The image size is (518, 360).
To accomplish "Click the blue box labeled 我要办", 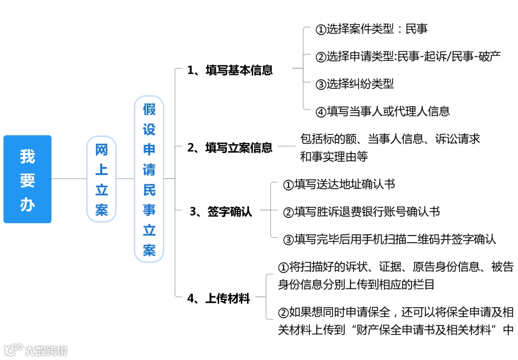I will pos(27,179).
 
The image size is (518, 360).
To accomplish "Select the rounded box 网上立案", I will pos(101,179).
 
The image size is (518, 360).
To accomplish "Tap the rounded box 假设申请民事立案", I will pos(149,179).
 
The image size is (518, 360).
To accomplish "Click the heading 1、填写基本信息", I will pos(230,70).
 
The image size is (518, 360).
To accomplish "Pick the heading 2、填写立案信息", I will pos(230,147).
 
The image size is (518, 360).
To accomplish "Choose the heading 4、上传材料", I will pos(219,299).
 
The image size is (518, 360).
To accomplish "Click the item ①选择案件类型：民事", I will pos(371,29).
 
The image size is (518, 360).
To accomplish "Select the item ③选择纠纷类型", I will pos(354,84).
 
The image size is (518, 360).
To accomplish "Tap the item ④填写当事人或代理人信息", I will pos(383,111).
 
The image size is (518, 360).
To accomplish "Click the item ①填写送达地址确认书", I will pos(339,184).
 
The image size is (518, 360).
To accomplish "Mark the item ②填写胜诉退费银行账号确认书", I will pos(362,212).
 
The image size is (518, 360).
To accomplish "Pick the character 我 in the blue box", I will pos(27,156).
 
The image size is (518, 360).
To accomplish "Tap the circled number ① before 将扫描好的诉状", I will pos(283,267).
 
